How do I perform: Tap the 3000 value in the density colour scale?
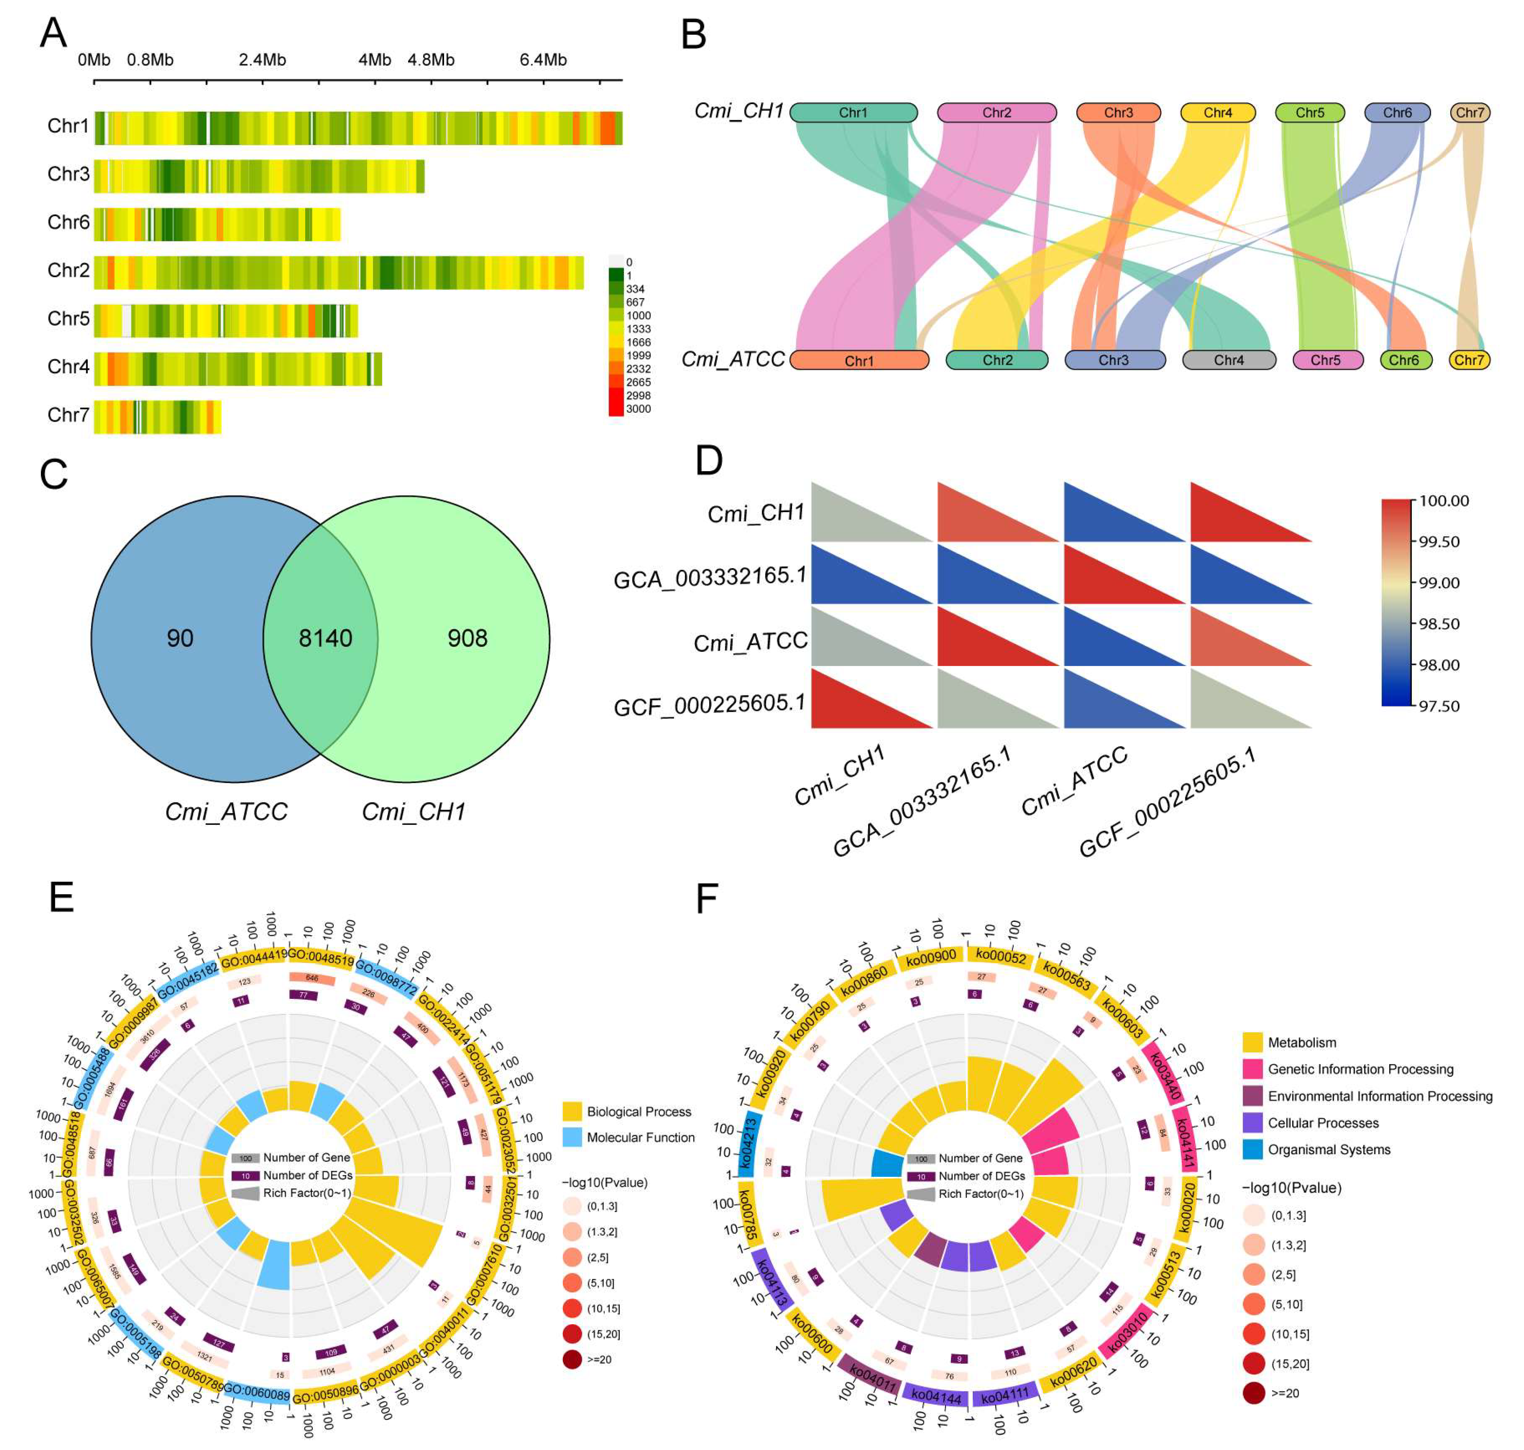639,409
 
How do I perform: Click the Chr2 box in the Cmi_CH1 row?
996,113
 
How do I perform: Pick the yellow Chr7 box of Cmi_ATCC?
1468,360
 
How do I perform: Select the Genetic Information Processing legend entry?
1360,1069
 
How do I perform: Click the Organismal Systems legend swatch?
1253,1149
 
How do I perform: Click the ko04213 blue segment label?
748,1141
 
